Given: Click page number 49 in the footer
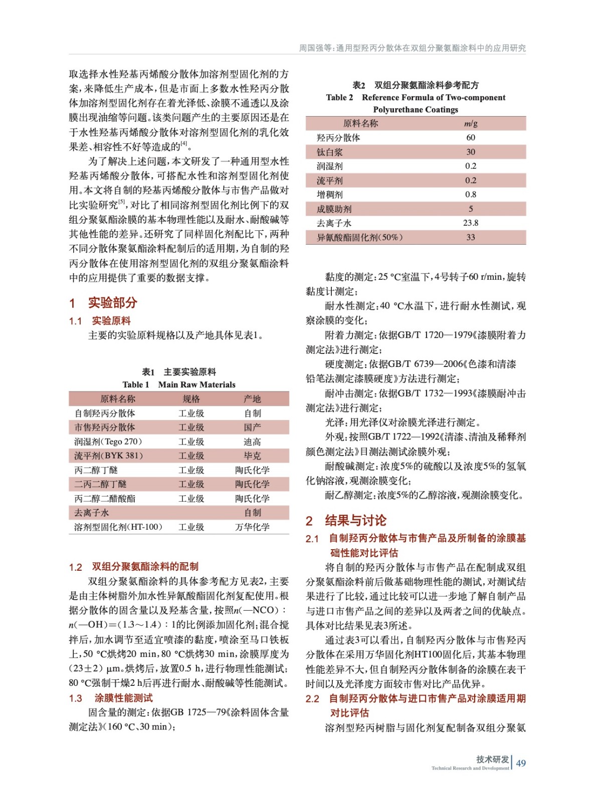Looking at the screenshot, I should pos(521,763).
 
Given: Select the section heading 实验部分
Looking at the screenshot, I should pos(112,303).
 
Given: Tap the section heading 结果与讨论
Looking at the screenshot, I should pos(355,521).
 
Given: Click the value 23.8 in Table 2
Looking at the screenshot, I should pos(470,223).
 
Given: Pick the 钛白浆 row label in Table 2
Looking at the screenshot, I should pos(330,152).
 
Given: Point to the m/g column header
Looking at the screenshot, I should pos(470,123).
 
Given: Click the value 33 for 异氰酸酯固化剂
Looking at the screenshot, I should pos(470,237).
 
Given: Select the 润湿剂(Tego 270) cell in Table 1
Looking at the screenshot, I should pos(108,442).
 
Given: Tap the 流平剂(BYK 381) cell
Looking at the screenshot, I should pos(109,456).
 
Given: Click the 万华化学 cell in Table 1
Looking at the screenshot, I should pos(252,527).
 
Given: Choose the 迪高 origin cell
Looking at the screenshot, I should pos(252,442).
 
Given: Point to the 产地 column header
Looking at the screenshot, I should pos(252,399).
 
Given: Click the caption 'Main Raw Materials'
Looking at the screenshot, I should pos(196,384).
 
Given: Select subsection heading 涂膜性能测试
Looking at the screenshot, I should pos(123,698).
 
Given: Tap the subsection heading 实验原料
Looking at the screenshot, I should pos(111,321).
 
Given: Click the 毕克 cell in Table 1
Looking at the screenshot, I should pos(252,456).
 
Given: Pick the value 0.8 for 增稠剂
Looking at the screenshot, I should pos(470,194).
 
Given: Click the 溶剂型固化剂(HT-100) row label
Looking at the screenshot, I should pos(118,527).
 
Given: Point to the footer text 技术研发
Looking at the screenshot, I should pos(492,759).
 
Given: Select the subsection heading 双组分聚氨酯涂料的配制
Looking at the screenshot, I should pos(145,567).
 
